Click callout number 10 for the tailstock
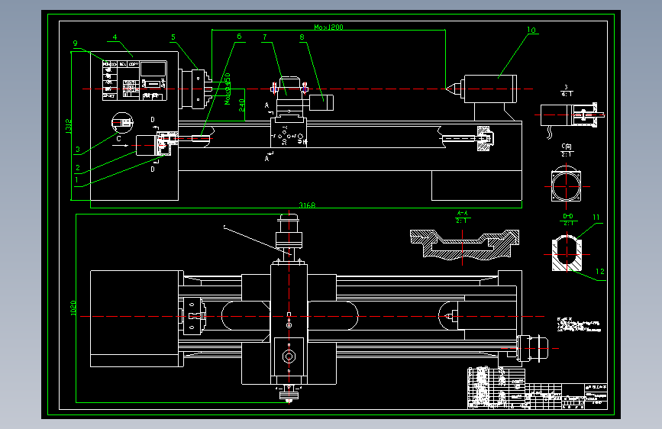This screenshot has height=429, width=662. (x=531, y=31)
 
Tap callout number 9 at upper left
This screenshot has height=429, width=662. (x=76, y=44)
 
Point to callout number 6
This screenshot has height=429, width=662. (x=239, y=36)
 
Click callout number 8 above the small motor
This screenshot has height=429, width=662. (x=302, y=36)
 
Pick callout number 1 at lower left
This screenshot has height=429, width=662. (x=77, y=180)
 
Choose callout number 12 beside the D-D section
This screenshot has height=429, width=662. (x=599, y=271)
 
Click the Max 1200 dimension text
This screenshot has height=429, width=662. (x=329, y=27)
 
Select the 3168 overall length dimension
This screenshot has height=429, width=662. (x=307, y=205)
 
